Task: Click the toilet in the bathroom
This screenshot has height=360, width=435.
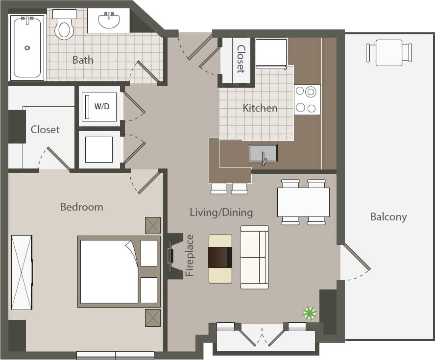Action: (64, 25)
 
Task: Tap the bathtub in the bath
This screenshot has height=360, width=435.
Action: (27, 48)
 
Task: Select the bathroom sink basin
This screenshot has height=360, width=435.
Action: (108, 21)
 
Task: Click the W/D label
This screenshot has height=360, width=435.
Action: (101, 106)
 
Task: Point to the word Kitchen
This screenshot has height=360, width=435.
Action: (260, 108)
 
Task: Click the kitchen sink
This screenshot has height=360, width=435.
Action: (263, 153)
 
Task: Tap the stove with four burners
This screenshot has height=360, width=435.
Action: (307, 100)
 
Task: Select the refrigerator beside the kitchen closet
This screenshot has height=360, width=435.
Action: (271, 53)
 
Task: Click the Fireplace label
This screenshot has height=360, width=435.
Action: (190, 256)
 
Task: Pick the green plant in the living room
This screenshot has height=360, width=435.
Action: (310, 312)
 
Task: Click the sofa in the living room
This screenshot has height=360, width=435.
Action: (254, 257)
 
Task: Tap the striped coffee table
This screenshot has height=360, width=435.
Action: (220, 258)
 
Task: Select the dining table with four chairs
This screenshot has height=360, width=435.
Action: (303, 202)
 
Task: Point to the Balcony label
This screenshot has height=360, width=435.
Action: (388, 216)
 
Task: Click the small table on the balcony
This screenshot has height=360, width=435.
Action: (389, 52)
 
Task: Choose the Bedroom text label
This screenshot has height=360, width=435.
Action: (81, 207)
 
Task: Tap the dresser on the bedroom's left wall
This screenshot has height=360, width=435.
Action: (22, 272)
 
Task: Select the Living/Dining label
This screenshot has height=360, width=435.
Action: (221, 212)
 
